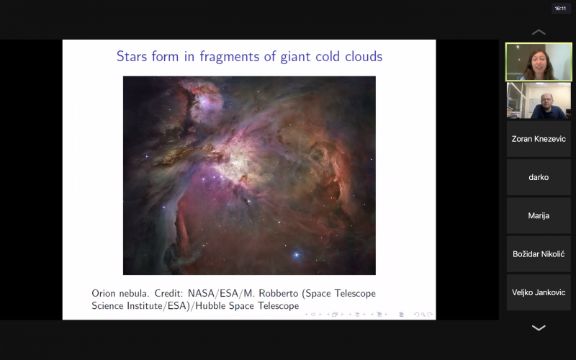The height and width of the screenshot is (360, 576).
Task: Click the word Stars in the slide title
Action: tap(132, 56)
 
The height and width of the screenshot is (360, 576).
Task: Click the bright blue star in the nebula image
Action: tap(297, 255)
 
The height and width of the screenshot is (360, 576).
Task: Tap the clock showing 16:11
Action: tap(560, 8)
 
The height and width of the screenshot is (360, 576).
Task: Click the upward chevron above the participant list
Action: tap(539, 32)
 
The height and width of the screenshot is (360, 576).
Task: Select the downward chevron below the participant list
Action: tap(539, 328)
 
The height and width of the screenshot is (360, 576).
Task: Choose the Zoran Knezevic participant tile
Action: tap(539, 139)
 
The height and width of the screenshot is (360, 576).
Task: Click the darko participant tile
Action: tap(539, 177)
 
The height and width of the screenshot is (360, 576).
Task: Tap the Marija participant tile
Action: tap(539, 215)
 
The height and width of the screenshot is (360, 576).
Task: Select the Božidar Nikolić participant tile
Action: tap(539, 254)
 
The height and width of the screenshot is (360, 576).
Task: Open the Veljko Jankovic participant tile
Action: tap(539, 292)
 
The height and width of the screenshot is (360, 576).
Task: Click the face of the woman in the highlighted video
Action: tap(539, 61)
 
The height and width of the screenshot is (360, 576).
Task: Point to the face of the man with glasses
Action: tap(546, 100)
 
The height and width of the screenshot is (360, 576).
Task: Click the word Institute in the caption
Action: tap(146, 305)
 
